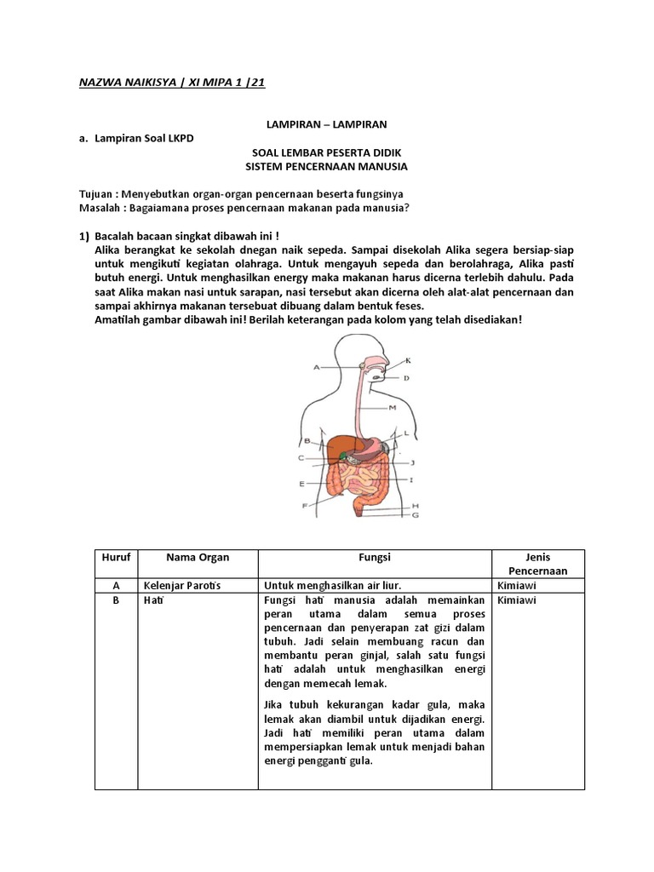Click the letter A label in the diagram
point(316,367)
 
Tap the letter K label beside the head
point(408,359)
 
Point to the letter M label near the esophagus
point(393,408)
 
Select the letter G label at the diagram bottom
point(415,515)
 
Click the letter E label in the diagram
point(302,484)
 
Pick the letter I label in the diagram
point(412,480)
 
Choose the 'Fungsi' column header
point(375,557)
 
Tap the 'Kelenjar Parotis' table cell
point(181,586)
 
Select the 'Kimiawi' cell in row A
point(518,586)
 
